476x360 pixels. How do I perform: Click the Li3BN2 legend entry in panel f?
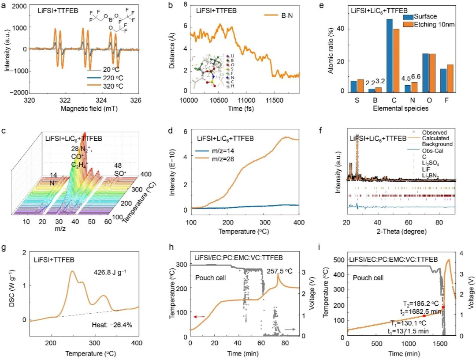431,176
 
